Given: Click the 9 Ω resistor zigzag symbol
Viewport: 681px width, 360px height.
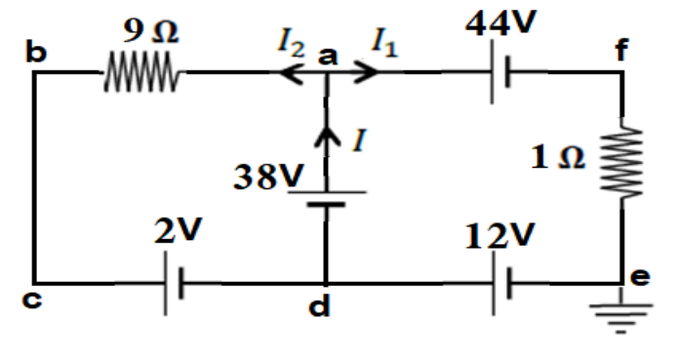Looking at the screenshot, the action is tap(141, 72).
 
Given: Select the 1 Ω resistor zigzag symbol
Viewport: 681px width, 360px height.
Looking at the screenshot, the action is tap(621, 162).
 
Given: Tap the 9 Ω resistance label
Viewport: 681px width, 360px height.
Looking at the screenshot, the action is tap(150, 31).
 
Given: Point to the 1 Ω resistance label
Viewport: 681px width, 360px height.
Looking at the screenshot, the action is tap(558, 157).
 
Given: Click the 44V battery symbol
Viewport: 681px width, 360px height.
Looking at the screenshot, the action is tap(501, 72).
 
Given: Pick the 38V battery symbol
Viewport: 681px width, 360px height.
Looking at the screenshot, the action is tap(327, 198).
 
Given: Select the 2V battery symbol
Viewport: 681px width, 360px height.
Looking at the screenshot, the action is tap(174, 283).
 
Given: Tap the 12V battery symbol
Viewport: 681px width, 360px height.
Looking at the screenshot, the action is tap(502, 283).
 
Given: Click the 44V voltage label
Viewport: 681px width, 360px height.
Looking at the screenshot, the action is tap(501, 21).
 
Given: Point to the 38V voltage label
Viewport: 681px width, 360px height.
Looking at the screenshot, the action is tap(268, 177).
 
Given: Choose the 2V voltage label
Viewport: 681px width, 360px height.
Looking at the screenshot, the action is tap(179, 230).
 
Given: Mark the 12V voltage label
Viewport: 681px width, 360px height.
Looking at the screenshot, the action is tap(500, 236).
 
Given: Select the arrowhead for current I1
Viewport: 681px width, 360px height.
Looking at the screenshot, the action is tap(367, 71).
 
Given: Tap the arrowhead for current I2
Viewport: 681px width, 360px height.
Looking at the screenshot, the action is tap(290, 72).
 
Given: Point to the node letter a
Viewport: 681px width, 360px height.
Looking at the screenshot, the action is tap(328, 57).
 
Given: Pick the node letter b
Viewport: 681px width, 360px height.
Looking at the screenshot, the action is tap(36, 52).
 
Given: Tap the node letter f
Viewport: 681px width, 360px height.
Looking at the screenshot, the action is tap(621, 49).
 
